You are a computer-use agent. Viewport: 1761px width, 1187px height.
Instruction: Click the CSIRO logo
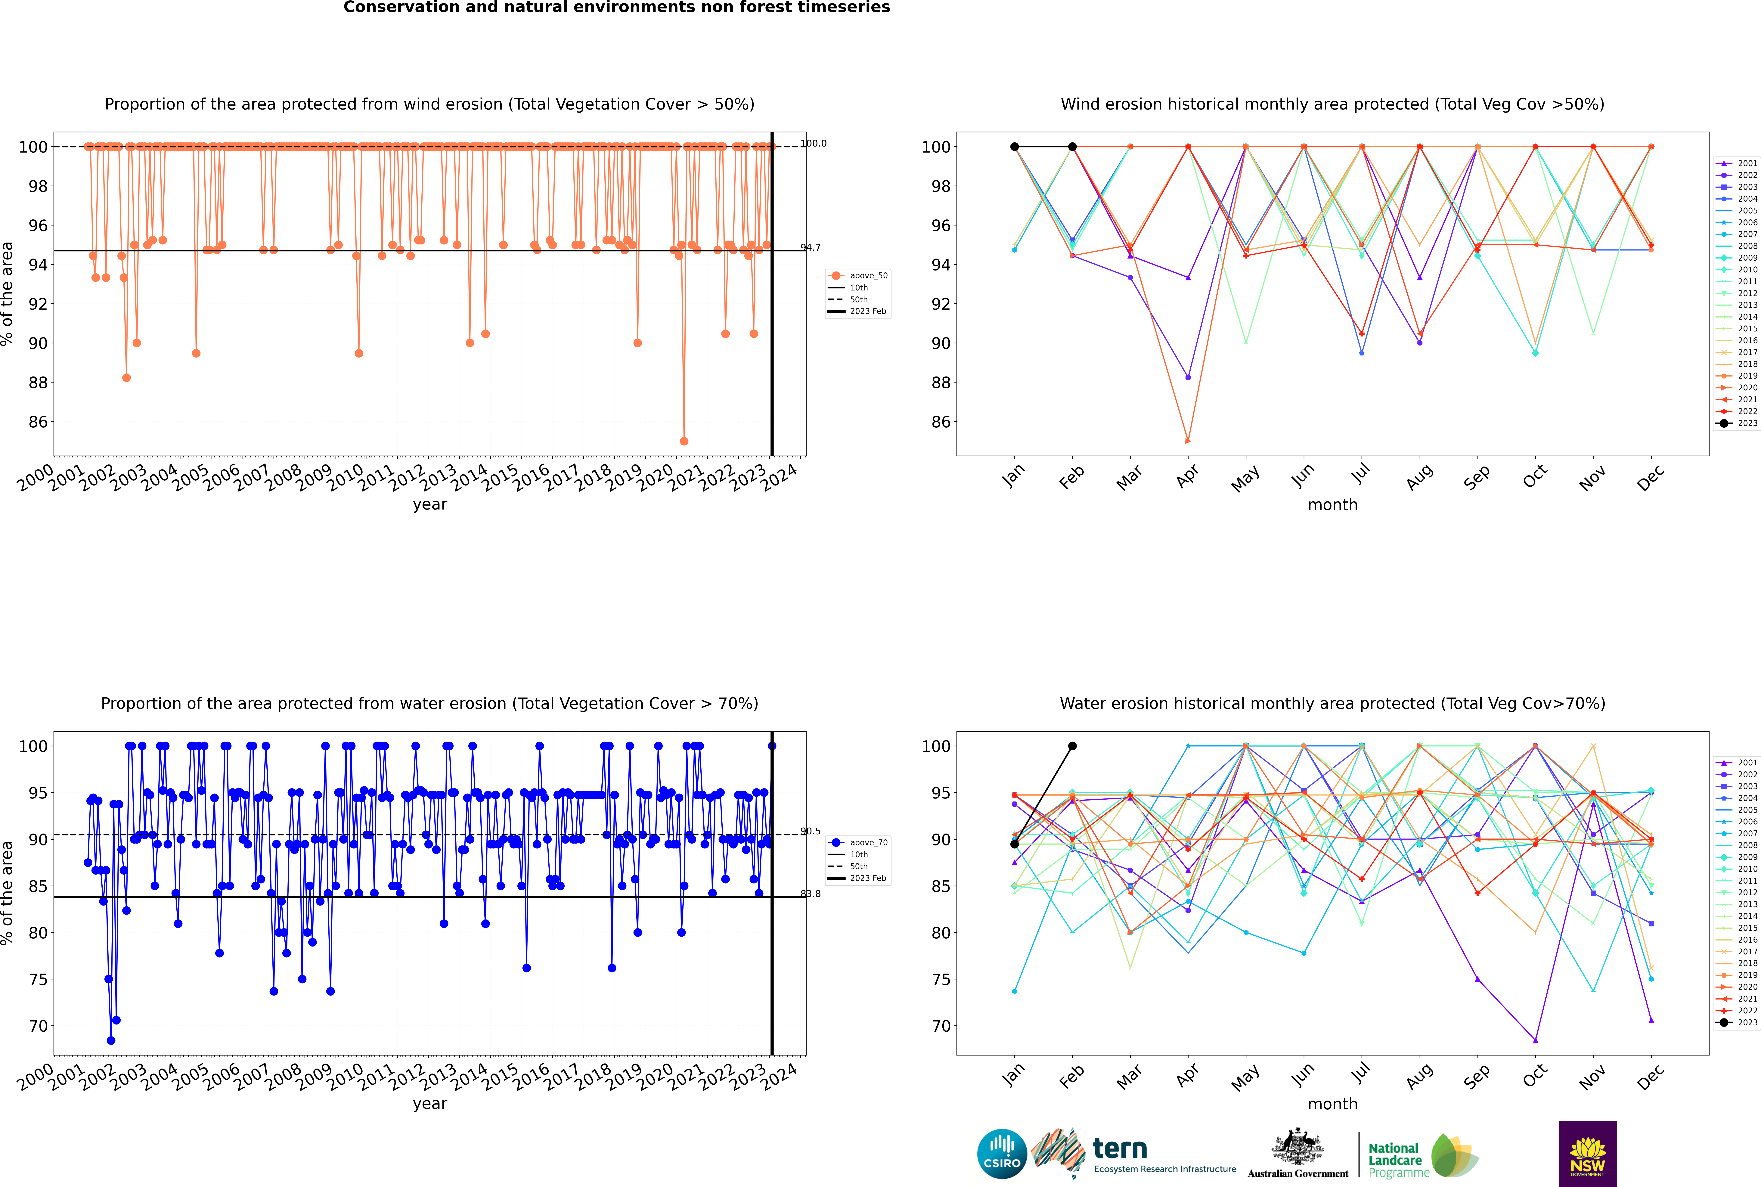1002,1154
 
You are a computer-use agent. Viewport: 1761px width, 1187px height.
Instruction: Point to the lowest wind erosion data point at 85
684,441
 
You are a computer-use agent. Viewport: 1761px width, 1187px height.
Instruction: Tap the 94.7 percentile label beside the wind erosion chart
810,248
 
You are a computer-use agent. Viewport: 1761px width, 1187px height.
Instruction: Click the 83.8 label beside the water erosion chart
810,894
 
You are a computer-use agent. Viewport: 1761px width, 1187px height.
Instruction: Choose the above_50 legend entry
859,276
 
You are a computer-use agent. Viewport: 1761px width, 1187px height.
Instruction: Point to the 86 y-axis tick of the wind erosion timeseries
38,422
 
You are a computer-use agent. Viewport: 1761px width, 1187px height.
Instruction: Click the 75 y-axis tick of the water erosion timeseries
38,980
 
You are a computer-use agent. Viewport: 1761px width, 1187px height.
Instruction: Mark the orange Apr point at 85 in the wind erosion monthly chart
1188,441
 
